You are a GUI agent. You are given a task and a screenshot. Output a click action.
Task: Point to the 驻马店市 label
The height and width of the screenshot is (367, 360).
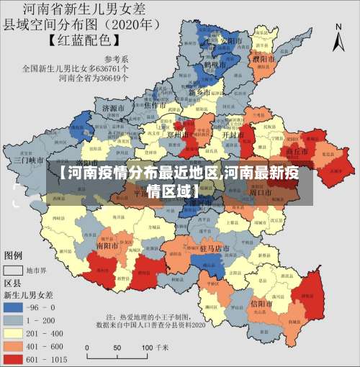pos(214,248)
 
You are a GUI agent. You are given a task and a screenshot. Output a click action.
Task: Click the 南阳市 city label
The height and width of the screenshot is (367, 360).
pos(107,245)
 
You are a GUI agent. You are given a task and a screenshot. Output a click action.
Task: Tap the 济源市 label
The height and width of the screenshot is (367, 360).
pos(114,108)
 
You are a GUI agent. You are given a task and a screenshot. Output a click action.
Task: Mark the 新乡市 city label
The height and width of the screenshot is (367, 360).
pos(199,93)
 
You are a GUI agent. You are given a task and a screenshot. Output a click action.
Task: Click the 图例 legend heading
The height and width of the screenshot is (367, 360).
pos(14,255)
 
